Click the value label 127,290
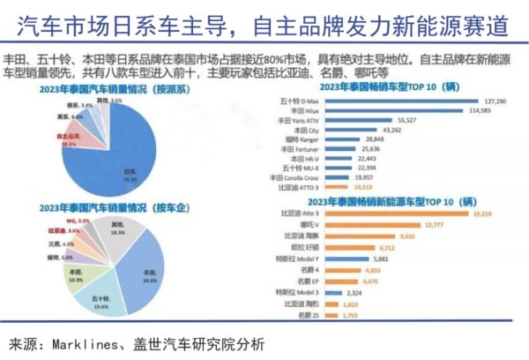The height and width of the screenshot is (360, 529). pos(496,101)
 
